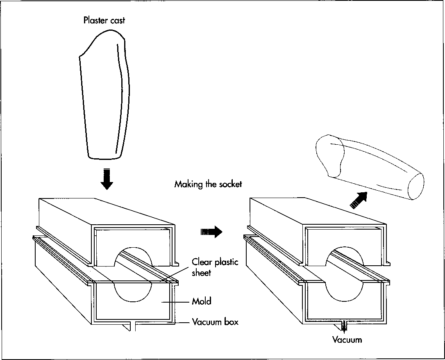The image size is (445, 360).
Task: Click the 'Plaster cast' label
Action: [x=104, y=20]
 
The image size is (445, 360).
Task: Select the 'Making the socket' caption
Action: [x=208, y=184]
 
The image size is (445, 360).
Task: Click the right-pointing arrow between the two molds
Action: [x=211, y=232]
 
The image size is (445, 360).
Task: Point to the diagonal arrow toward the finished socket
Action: [x=357, y=201]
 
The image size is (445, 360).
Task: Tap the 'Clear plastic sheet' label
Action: [x=215, y=267]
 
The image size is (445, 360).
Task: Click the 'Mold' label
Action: [x=202, y=301]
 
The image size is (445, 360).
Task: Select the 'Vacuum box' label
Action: [x=215, y=322]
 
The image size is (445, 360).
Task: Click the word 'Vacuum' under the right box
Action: [x=347, y=339]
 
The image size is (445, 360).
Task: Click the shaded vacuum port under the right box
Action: [x=343, y=326]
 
